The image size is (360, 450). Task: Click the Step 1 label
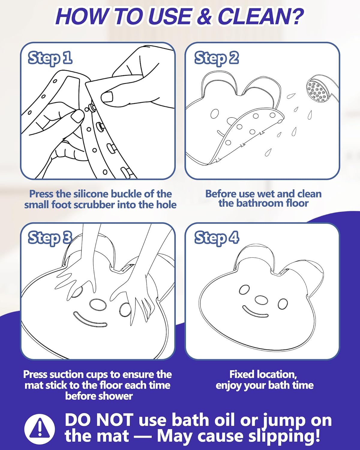(x=50, y=58)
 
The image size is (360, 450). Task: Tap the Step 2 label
(x=216, y=58)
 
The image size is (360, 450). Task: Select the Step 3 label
(x=50, y=238)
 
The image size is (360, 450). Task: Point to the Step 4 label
(x=216, y=238)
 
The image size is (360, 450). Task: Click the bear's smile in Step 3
(x=90, y=320)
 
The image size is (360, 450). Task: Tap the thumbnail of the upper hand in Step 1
(x=107, y=97)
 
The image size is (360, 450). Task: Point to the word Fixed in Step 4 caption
(x=242, y=374)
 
